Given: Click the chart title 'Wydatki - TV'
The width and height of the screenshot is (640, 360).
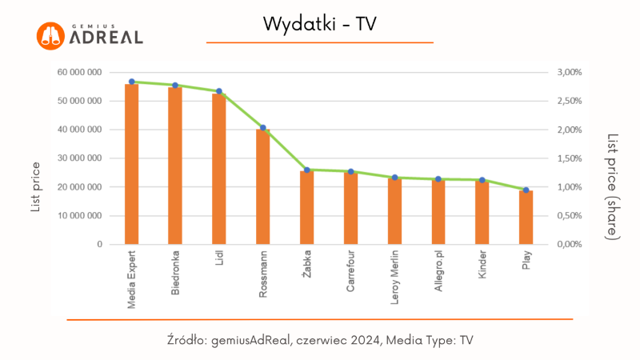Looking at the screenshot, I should click(x=319, y=25).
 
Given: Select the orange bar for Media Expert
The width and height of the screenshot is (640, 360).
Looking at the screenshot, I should click(x=131, y=164).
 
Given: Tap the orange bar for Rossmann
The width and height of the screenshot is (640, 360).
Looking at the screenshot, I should click(x=262, y=186).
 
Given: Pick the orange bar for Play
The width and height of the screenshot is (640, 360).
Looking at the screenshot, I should click(x=526, y=217).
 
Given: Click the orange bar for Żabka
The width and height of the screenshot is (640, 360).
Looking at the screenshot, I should click(x=306, y=207).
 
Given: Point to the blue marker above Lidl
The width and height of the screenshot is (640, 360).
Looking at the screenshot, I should click(x=219, y=91).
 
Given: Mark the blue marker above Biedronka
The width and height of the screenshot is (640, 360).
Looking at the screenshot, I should click(x=175, y=85).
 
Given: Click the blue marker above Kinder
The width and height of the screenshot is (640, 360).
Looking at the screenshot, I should click(x=482, y=180).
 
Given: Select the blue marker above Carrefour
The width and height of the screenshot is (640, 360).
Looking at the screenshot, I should click(x=350, y=171).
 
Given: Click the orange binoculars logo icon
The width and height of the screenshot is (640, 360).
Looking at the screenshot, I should click(x=50, y=34).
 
